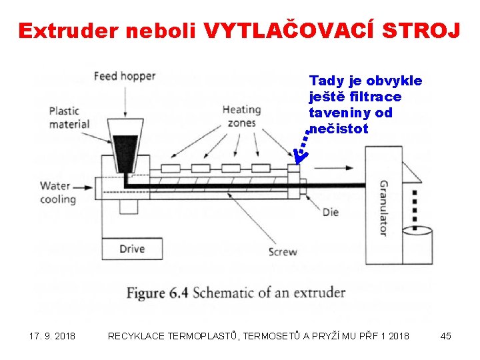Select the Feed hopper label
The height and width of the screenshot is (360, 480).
[124, 76]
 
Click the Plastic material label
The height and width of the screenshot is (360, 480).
[69, 117]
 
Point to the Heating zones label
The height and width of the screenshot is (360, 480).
[241, 116]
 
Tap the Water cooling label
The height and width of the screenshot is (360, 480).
[58, 193]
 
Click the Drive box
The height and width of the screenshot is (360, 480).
[132, 249]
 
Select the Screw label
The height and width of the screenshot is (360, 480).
[283, 252]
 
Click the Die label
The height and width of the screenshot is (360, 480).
[330, 212]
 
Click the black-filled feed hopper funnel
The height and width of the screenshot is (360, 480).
[125, 150]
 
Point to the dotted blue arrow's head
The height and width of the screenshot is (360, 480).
[299, 155]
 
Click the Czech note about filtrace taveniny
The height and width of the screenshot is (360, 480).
[365, 105]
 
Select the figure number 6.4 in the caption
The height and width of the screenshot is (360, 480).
[177, 293]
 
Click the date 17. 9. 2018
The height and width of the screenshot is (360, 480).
[53, 336]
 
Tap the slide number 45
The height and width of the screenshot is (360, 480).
[446, 336]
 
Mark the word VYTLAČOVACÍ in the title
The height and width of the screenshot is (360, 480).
[283, 31]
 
